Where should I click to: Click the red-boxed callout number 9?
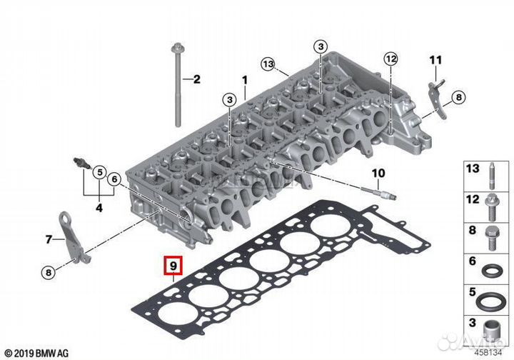coord(173,265)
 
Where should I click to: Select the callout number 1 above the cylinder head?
coord(245,80)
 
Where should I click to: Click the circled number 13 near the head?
coord(268,64)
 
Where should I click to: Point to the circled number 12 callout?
coord(390,59)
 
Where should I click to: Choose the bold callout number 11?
coord(435,60)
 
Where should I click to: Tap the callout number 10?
coord(378,173)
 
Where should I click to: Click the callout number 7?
coord(49,240)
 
